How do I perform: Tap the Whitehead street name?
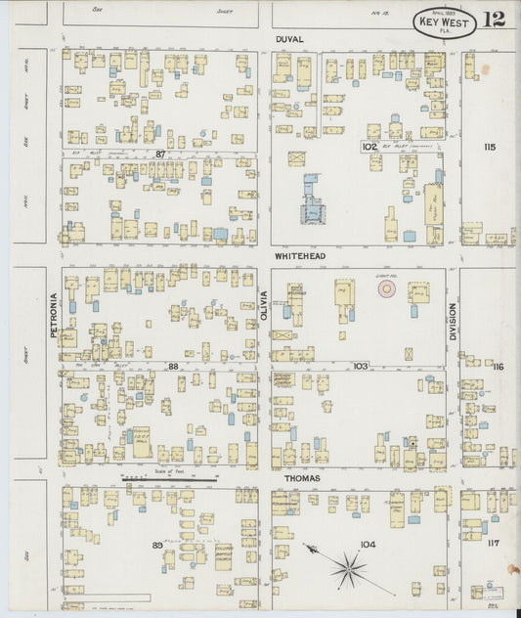pos(299,256)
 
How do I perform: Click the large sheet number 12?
pos(493,20)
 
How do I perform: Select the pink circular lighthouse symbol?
pos(388,289)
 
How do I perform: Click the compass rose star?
pos(347,566)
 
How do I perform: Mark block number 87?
pos(160,154)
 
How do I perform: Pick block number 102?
pos(369,147)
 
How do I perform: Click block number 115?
pos(489,147)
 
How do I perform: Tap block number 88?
pos(173,366)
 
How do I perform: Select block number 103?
pos(361,365)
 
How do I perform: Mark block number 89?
pos(156,544)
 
